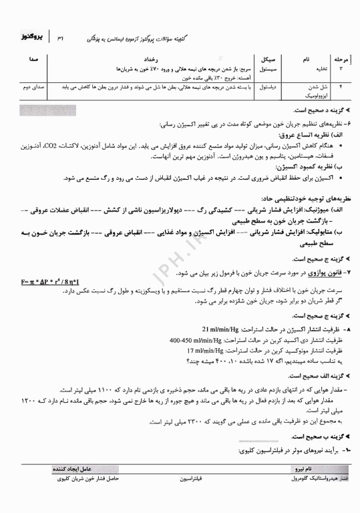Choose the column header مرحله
(345, 59)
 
